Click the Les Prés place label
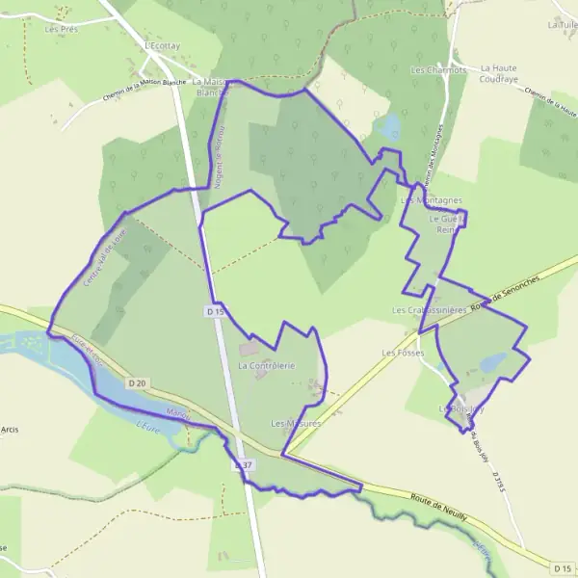pyautogui.click(x=61, y=29)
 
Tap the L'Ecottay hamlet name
pyautogui.click(x=162, y=45)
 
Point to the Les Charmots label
pyautogui.click(x=438, y=70)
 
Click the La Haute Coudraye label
pyautogui.click(x=500, y=74)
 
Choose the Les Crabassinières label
pyautogui.click(x=430, y=311)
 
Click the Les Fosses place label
pyautogui.click(x=403, y=353)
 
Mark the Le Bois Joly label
pyautogui.click(x=462, y=409)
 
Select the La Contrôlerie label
pyautogui.click(x=265, y=366)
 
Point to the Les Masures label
pyautogui.click(x=296, y=423)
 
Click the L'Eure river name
pyautogui.click(x=146, y=425)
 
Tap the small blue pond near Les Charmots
pyautogui.click(x=391, y=126)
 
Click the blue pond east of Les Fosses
pyautogui.click(x=493, y=362)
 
